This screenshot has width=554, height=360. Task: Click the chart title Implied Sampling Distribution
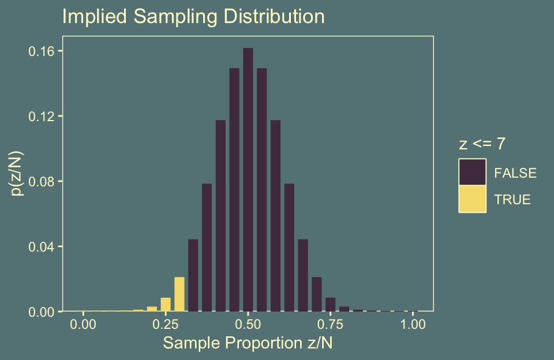(193, 17)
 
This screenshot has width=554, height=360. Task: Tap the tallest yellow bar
(179, 294)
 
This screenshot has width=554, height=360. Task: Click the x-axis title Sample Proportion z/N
(248, 343)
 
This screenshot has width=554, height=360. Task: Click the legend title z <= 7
(482, 144)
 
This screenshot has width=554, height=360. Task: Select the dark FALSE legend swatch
(473, 172)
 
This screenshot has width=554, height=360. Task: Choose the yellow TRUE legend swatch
(473, 199)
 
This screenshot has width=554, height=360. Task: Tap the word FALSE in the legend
(515, 172)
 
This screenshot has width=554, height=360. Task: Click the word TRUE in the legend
(512, 200)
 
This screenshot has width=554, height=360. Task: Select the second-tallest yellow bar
(166, 304)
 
